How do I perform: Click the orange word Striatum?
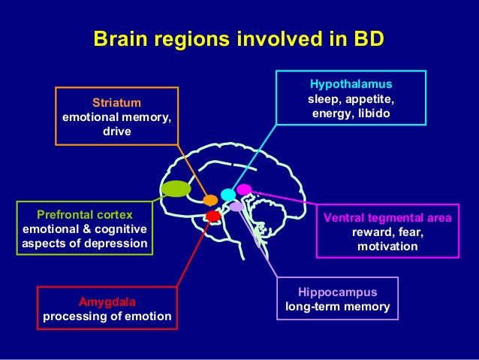point(116,102)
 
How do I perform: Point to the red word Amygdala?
point(107,301)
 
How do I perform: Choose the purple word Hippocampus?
point(338,292)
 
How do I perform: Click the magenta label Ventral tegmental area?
point(387,219)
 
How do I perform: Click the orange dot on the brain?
point(210,200)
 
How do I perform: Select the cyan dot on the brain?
point(228,195)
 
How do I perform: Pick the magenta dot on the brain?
point(244,189)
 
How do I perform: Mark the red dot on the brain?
point(212,216)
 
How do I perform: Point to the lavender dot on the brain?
point(236,206)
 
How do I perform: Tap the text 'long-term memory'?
point(338,307)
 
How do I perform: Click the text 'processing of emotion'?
point(107,316)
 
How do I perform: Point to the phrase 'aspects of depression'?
point(85,244)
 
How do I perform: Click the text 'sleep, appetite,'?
point(351,98)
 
